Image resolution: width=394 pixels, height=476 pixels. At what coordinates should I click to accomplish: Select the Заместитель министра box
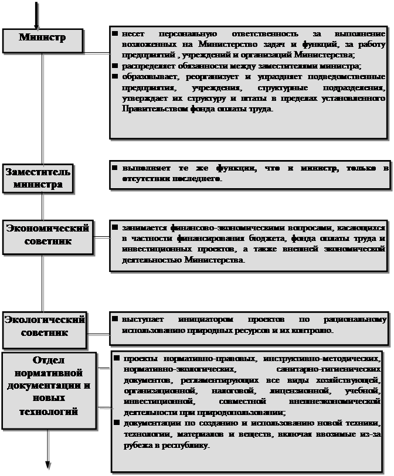39,178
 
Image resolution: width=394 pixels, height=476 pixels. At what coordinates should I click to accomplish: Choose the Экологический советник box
44,327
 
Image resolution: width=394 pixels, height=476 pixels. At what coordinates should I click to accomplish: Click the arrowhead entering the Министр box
36,25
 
